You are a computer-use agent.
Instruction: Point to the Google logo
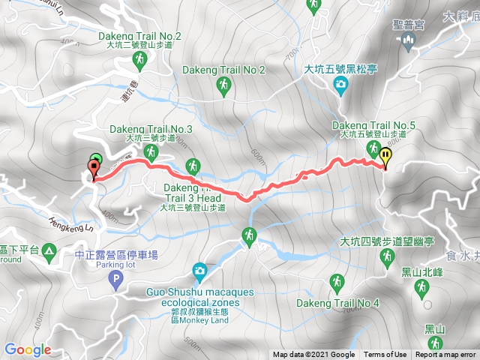click(27, 349)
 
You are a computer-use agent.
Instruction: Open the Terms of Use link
click(385, 355)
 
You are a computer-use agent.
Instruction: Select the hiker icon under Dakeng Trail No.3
click(151, 153)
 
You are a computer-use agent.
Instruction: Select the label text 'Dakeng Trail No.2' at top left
click(140, 36)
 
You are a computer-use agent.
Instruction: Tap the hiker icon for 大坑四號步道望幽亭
click(388, 258)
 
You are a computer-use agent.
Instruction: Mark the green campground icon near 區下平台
click(49, 250)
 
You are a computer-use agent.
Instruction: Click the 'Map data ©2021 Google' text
click(313, 355)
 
